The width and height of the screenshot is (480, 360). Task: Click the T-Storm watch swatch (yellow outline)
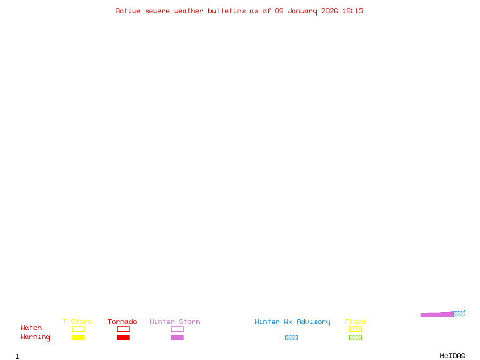[78, 329]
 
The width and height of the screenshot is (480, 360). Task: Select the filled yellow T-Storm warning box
[78, 337]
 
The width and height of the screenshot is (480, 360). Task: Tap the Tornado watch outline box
[123, 329]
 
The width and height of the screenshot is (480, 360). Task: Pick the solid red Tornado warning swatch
[123, 337]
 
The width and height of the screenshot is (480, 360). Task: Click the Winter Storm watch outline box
[177, 329]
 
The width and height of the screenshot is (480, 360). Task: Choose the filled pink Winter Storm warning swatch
[177, 337]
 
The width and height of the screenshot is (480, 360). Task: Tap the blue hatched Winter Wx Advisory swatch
[291, 337]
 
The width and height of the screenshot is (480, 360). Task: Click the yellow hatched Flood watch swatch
[355, 329]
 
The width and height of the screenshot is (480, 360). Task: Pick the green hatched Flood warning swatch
[355, 337]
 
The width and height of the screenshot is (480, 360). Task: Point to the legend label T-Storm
[77, 322]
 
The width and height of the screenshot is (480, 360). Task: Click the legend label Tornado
[122, 322]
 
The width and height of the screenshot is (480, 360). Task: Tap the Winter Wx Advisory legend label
[292, 322]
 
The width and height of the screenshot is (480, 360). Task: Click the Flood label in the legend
[355, 322]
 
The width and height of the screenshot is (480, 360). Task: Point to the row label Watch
[31, 328]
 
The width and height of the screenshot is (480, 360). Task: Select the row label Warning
[35, 337]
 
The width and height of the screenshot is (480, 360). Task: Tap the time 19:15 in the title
[353, 11]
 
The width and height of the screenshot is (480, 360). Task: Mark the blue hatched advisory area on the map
[460, 313]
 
